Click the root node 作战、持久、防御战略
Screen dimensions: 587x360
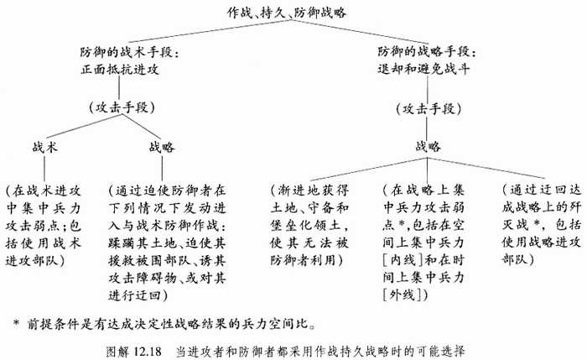pyautogui.click(x=287, y=13)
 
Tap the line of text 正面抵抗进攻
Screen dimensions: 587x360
pyautogui.click(x=120, y=70)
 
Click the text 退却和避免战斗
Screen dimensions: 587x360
pyautogui.click(x=423, y=69)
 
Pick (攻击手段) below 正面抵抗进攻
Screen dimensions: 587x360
pyautogui.click(x=122, y=108)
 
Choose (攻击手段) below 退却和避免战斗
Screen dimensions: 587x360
pyautogui.click(x=429, y=109)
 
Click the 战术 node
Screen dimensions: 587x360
pyautogui.click(x=45, y=147)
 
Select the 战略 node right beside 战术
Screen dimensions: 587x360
pyautogui.click(x=162, y=147)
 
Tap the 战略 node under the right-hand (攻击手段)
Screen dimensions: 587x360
pyautogui.click(x=428, y=146)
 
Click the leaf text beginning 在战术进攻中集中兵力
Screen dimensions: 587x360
pyautogui.click(x=44, y=226)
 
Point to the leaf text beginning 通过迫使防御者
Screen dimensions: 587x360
pyautogui.click(x=168, y=243)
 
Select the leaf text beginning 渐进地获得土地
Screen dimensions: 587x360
pyautogui.click(x=309, y=225)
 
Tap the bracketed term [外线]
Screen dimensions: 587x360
pyautogui.click(x=403, y=295)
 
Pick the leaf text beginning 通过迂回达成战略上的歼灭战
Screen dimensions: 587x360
pyautogui.click(x=542, y=225)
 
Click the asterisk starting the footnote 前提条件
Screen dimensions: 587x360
pyautogui.click(x=16, y=322)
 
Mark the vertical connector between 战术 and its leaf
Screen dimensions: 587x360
pyautogui.click(x=44, y=168)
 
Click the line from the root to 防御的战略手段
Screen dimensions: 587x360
pyautogui.click(x=360, y=32)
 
